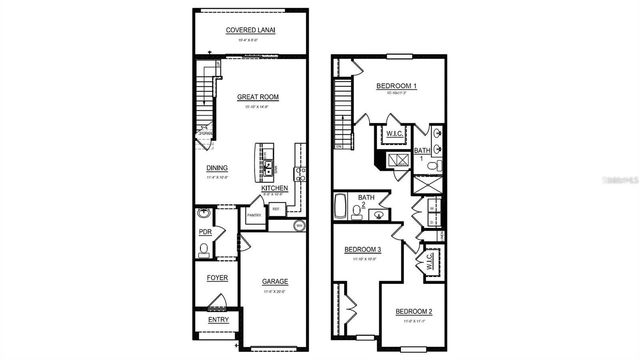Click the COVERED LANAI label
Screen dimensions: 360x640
pyautogui.click(x=251, y=30)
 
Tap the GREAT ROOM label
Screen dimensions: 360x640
pyautogui.click(x=257, y=97)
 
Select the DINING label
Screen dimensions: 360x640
pyautogui.click(x=217, y=168)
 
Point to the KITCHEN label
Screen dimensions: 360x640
pyautogui.click(x=275, y=188)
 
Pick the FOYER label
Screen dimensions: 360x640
pyautogui.click(x=217, y=277)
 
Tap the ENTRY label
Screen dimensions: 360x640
pyautogui.click(x=217, y=320)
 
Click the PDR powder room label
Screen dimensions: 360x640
pyautogui.click(x=206, y=233)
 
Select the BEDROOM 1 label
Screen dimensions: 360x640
pyautogui.click(x=396, y=87)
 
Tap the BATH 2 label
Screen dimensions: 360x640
pyautogui.click(x=367, y=200)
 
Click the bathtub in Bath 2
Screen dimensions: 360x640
pyautogui.click(x=341, y=211)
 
